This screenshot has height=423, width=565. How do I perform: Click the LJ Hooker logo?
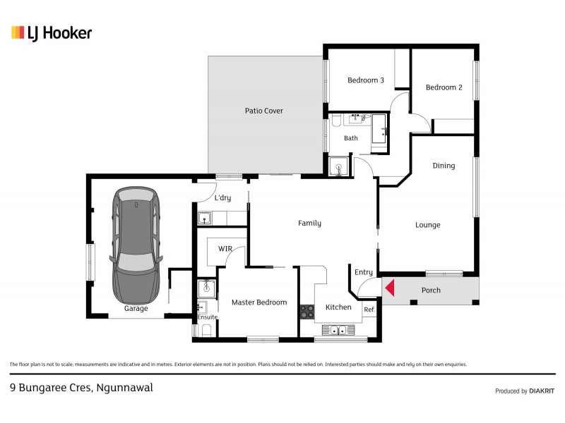pyautogui.click(x=52, y=32)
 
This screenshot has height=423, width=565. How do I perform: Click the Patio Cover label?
pyautogui.click(x=263, y=111)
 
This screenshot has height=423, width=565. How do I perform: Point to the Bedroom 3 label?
pyautogui.click(x=365, y=80)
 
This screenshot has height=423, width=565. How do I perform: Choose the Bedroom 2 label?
pyautogui.click(x=444, y=87)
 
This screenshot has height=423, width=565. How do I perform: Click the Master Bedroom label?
pyautogui.click(x=259, y=302)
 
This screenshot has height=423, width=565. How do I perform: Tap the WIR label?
pyautogui.click(x=225, y=249)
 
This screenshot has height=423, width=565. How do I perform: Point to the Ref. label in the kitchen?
pyautogui.click(x=369, y=309)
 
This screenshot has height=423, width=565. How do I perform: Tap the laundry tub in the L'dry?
pyautogui.click(x=205, y=218)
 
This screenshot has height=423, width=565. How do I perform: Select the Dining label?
pyautogui.click(x=444, y=166)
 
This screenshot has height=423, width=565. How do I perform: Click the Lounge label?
pyautogui.click(x=427, y=225)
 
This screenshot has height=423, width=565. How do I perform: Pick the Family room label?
pyautogui.click(x=309, y=223)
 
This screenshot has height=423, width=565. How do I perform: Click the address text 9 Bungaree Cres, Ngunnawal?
pyautogui.click(x=81, y=387)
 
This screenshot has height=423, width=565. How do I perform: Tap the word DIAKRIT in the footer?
pyautogui.click(x=542, y=391)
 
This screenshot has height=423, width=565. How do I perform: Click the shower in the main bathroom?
pyautogui.click(x=339, y=167)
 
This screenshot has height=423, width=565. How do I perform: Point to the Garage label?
pyautogui.click(x=136, y=308)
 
